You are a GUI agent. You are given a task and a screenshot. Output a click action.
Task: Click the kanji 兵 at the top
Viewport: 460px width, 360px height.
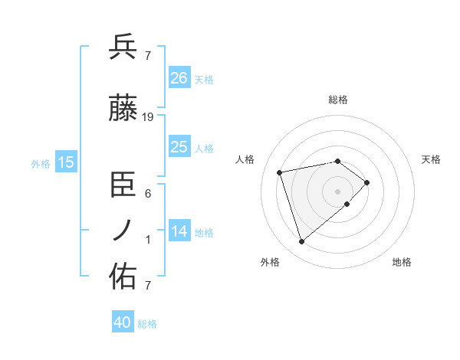(x=123, y=47)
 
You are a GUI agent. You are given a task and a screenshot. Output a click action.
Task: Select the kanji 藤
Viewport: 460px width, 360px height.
(x=123, y=110)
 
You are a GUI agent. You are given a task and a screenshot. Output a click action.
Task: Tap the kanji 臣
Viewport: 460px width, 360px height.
(x=123, y=185)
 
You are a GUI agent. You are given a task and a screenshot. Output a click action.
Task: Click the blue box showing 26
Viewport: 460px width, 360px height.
(x=179, y=77)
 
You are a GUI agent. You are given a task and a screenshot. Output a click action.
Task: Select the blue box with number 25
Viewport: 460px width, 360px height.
(x=179, y=147)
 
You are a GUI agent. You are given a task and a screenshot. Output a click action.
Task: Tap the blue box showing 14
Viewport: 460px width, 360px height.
(x=179, y=231)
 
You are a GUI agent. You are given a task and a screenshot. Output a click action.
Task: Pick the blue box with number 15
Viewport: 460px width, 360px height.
(x=66, y=162)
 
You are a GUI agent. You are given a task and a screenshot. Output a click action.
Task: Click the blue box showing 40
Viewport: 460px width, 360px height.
(x=123, y=322)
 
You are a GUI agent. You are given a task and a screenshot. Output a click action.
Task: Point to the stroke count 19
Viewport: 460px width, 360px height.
(x=149, y=117)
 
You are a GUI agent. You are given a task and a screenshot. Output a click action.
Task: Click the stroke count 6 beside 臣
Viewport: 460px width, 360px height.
(x=148, y=194)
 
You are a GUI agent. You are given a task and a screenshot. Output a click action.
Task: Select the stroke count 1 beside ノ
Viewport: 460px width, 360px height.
(x=148, y=240)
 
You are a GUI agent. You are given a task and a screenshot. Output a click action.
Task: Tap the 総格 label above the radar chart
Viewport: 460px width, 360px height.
(x=337, y=100)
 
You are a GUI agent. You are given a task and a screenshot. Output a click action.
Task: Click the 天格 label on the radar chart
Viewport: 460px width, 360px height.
(x=431, y=159)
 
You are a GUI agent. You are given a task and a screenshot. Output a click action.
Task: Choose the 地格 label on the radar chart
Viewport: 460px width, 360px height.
(x=402, y=263)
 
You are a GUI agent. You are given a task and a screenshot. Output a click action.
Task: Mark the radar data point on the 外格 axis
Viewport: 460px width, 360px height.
(x=301, y=242)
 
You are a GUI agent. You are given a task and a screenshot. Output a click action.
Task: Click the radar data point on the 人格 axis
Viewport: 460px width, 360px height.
(x=280, y=172)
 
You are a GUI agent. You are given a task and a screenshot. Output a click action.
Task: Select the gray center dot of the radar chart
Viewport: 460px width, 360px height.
(x=337, y=191)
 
